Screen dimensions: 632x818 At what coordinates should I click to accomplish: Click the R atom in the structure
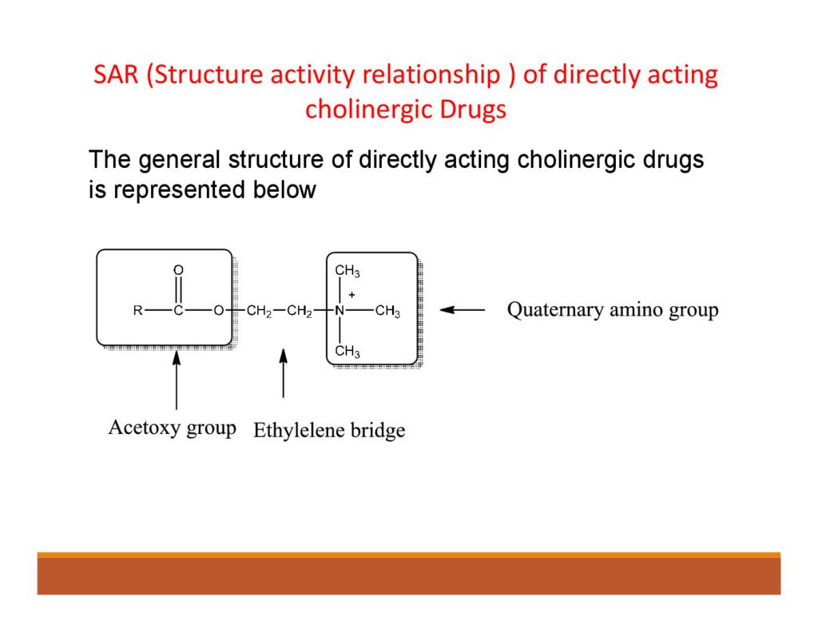coord(137,312)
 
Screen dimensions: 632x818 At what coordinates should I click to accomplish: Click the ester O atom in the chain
coord(218,312)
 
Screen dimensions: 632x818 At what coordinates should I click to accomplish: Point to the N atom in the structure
coord(340,312)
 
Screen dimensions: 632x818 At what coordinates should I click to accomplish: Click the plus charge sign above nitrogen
coord(351,295)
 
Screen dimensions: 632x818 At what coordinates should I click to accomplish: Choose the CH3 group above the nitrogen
coord(347,272)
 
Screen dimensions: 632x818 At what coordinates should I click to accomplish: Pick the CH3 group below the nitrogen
coord(347,352)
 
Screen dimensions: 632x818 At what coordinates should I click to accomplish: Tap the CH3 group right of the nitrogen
coord(387,312)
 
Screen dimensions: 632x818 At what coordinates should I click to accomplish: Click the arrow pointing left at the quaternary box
coord(462,310)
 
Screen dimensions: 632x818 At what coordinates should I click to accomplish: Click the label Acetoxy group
coord(172,427)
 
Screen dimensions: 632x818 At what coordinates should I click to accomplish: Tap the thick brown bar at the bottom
coord(408,575)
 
